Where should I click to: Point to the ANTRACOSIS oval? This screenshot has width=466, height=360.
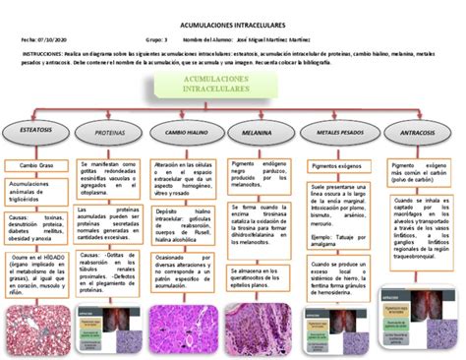(x=412, y=131)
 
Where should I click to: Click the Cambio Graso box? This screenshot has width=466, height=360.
(x=33, y=165)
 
